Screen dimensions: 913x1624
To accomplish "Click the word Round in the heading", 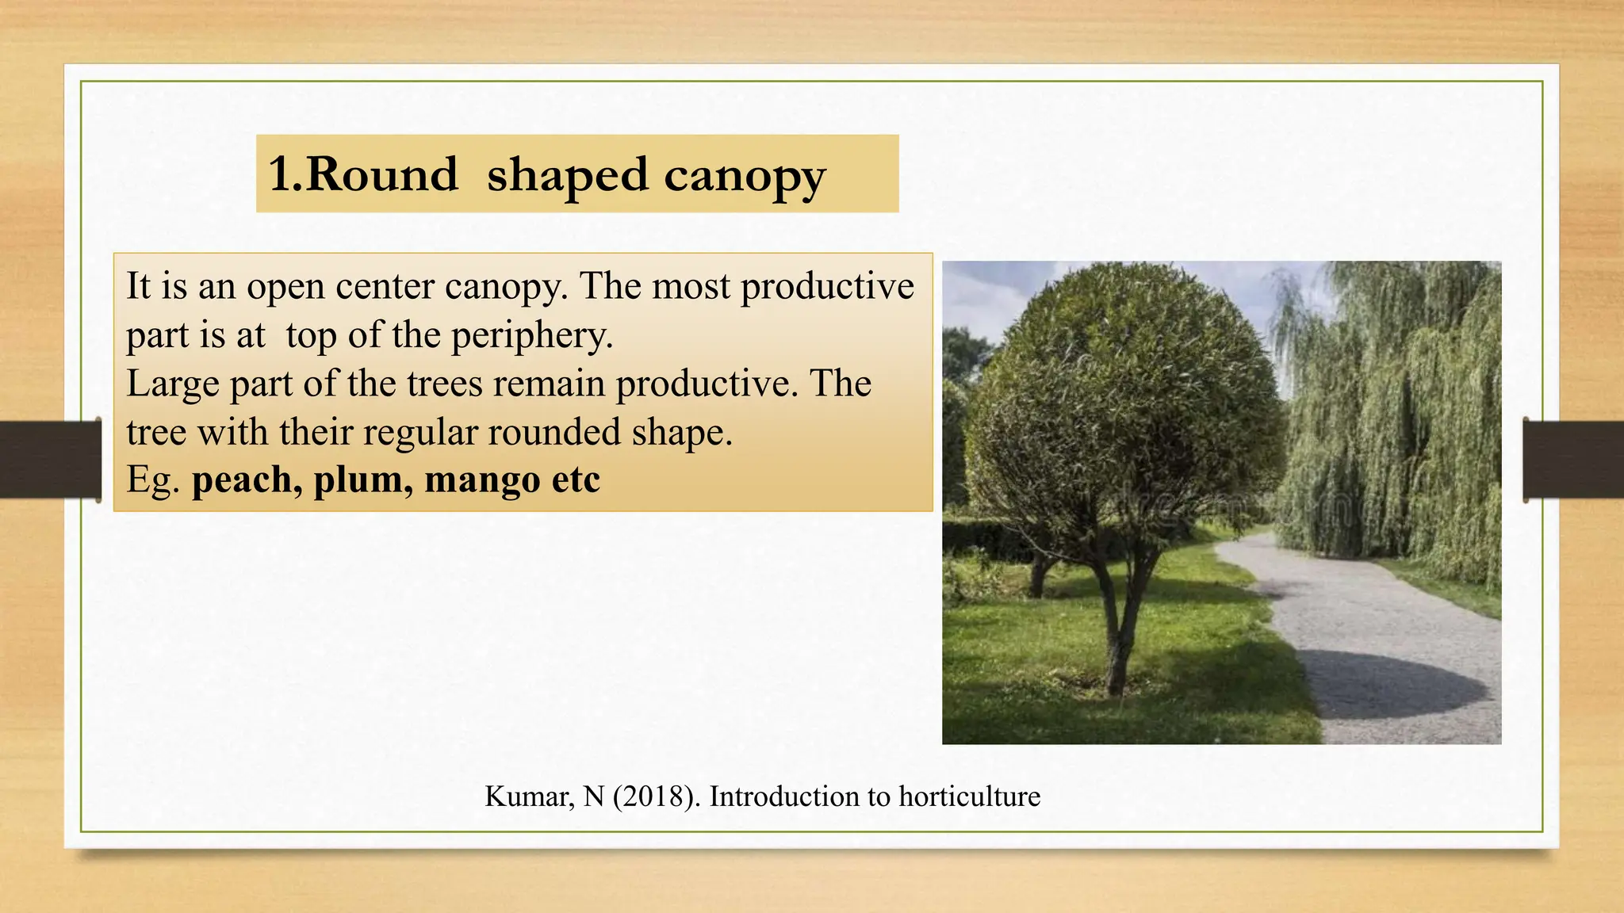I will [381, 174].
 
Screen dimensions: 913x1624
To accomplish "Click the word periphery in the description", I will [532, 335].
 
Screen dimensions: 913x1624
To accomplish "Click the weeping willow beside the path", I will [1396, 420].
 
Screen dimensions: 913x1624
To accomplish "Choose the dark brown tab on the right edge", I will [1573, 460].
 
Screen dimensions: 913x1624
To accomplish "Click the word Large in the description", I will [172, 384].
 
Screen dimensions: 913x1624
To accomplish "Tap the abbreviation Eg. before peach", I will [153, 480].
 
